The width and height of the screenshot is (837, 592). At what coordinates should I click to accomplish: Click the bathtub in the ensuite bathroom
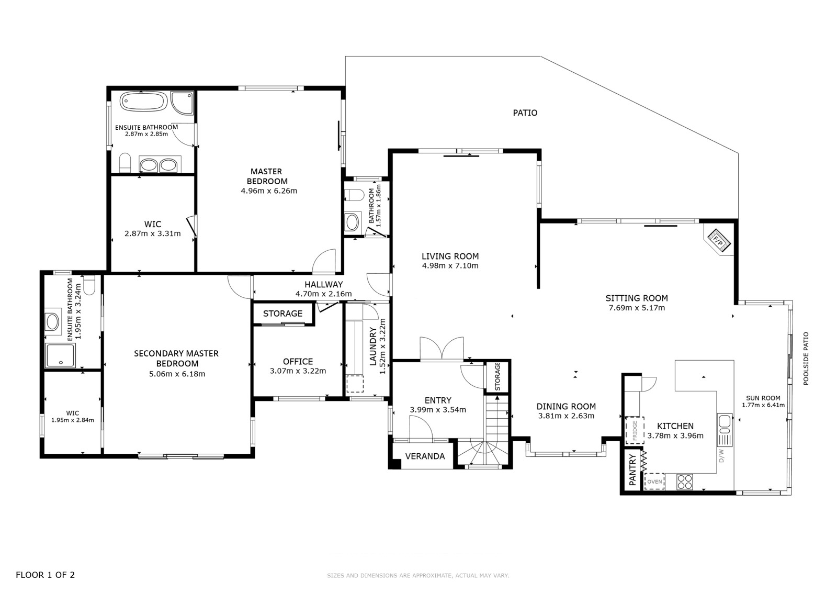[x=143, y=101]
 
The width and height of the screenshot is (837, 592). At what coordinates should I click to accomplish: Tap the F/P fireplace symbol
[x=718, y=240]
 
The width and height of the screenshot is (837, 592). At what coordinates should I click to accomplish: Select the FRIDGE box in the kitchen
[x=635, y=430]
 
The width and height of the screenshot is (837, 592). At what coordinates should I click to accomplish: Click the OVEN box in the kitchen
[x=654, y=482]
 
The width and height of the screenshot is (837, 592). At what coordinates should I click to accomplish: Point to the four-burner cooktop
[x=685, y=482]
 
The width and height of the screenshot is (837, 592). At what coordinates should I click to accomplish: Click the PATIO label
[x=525, y=113]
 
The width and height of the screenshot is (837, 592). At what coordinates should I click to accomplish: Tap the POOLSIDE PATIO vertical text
[x=806, y=358]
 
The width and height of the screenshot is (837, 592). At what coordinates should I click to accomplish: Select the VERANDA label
[x=425, y=456]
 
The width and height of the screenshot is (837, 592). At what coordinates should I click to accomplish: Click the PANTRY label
[x=632, y=470]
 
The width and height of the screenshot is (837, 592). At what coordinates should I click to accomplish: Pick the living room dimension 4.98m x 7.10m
[x=450, y=266]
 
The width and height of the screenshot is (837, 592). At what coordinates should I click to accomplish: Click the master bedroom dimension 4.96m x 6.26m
[x=269, y=191]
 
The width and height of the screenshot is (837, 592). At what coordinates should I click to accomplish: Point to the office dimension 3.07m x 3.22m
[x=298, y=371]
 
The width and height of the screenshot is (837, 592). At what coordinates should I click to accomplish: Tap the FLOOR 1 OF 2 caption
[x=45, y=575]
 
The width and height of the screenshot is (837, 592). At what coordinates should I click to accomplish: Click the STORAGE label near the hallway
[x=283, y=314]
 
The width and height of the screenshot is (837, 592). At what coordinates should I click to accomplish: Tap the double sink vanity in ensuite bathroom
[x=160, y=164]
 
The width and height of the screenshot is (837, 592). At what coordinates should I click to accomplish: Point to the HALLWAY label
[x=324, y=284]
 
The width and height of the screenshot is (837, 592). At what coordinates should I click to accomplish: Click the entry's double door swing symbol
[x=442, y=349]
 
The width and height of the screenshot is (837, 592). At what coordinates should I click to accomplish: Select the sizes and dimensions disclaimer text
[x=418, y=576]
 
